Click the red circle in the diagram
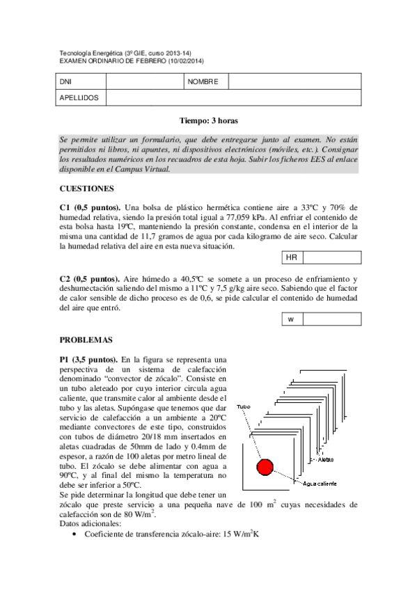tap(265, 467)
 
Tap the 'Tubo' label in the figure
tap(244, 406)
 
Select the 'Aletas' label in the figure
tap(326, 460)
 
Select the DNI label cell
tap(66, 82)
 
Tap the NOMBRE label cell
tap(203, 82)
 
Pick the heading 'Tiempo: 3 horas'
tap(209, 120)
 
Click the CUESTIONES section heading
tap(87, 188)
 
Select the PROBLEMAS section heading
tap(86, 340)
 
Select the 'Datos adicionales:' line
tap(91, 523)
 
